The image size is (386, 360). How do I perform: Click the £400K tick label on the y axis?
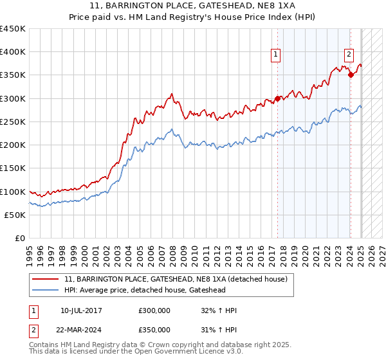(x=13, y=52)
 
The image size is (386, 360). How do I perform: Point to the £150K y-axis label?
(x=13, y=168)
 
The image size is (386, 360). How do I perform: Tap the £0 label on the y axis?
(x=19, y=238)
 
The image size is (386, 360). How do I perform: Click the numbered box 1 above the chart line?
(x=275, y=55)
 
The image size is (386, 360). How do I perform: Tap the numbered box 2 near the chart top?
(x=349, y=55)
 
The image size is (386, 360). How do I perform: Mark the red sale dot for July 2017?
(x=277, y=98)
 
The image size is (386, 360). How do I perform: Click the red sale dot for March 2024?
(x=351, y=75)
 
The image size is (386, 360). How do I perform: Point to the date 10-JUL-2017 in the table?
(x=81, y=310)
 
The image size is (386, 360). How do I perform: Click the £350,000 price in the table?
(x=154, y=329)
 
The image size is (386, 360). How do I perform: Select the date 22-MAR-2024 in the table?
(x=81, y=329)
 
